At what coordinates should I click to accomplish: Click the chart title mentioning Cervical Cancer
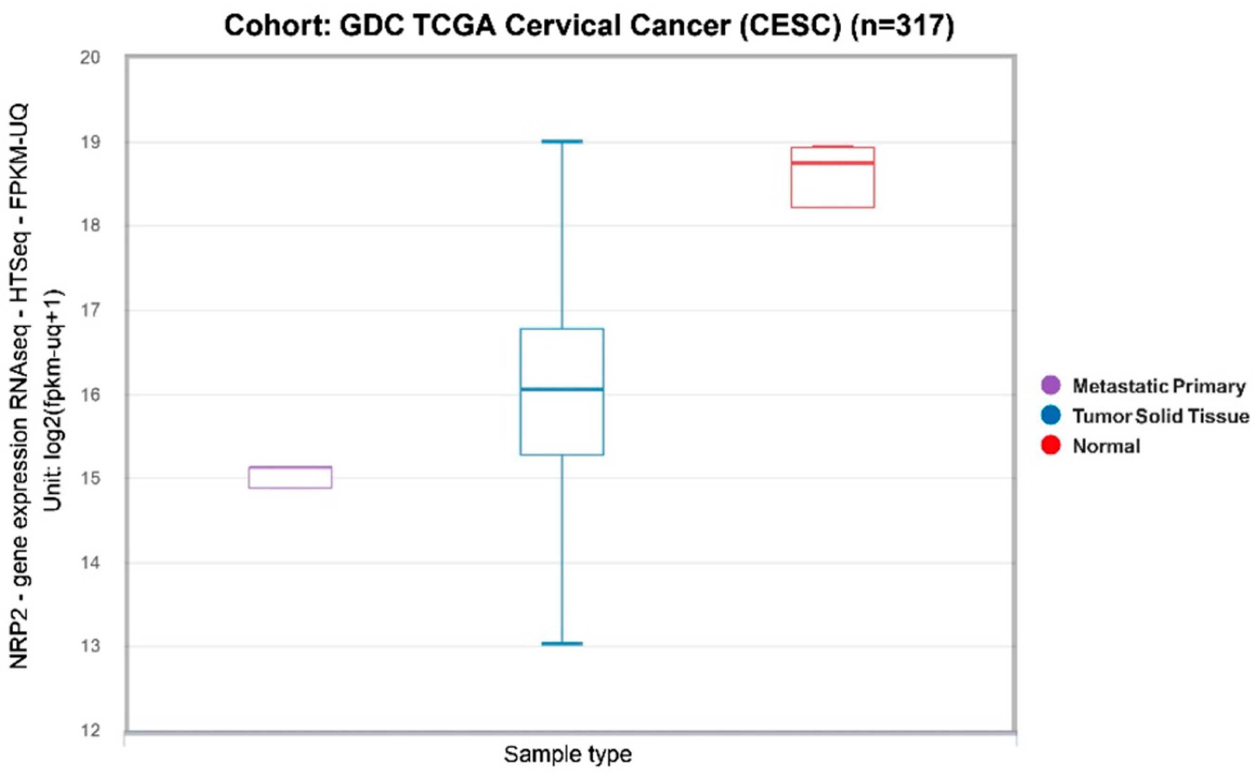(589, 26)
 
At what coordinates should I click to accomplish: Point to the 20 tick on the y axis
(90, 57)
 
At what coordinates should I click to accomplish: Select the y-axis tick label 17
(90, 310)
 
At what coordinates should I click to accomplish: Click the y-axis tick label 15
(90, 479)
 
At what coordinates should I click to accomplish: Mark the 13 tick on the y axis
(90, 646)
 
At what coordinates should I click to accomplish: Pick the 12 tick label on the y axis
(90, 730)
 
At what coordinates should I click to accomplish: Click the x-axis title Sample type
(568, 754)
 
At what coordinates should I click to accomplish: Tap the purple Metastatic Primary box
(290, 478)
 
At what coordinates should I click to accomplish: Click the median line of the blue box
(562, 390)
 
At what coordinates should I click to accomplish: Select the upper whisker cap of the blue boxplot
(562, 141)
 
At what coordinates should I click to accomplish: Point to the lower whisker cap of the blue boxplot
(562, 643)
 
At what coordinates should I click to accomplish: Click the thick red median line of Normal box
(832, 163)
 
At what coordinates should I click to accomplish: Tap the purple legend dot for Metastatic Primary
(1051, 385)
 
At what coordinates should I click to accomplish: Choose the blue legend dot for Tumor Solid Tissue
(1051, 415)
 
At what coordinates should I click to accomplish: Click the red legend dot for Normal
(1051, 445)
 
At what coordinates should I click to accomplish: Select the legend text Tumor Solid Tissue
(1161, 416)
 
